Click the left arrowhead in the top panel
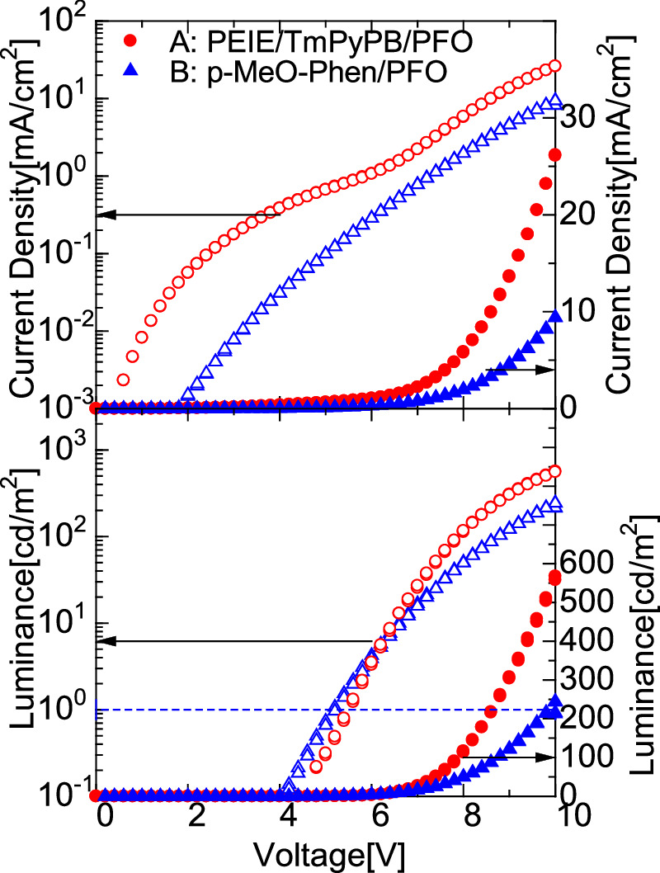[104, 215]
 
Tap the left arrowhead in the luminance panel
[104, 641]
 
